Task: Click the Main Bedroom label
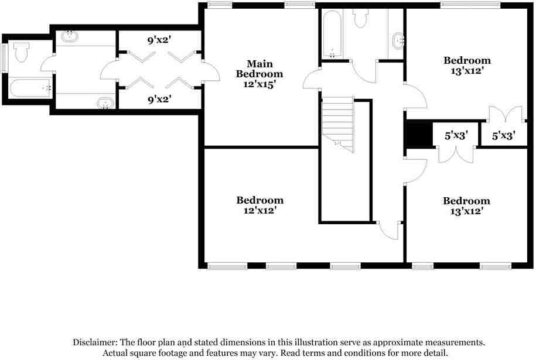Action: [259, 68]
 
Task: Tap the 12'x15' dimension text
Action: [256, 84]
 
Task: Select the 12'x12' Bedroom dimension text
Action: [256, 210]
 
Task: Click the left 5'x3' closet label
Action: [455, 136]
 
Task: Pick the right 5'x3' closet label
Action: [503, 136]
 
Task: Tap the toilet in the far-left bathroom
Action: [22, 52]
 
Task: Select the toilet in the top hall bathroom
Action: [360, 18]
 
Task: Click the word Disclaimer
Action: [94, 342]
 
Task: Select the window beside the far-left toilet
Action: [5, 56]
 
